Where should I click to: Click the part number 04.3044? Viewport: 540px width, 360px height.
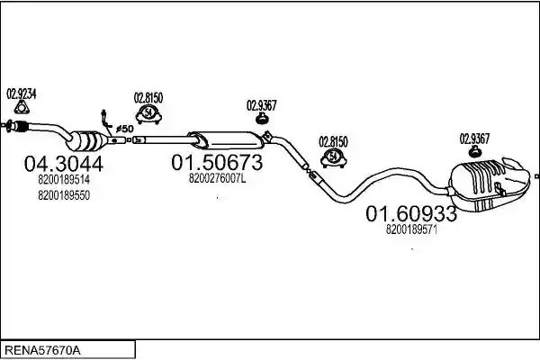click(x=64, y=164)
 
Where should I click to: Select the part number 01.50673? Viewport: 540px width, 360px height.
click(x=217, y=162)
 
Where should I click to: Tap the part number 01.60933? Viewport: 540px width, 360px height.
click(x=411, y=213)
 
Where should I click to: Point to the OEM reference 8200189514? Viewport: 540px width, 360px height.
click(x=64, y=179)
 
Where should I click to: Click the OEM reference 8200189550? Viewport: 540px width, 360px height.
click(x=64, y=195)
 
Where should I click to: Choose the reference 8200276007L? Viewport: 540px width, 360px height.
click(x=217, y=178)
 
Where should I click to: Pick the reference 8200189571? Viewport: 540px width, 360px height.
click(x=411, y=229)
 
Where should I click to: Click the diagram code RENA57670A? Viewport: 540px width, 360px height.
click(x=42, y=351)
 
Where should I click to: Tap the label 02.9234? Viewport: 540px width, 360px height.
click(x=22, y=94)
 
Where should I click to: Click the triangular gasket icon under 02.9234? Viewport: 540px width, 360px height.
click(x=22, y=108)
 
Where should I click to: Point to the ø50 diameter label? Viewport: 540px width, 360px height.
click(x=125, y=130)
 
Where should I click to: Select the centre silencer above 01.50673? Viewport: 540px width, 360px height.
click(x=226, y=140)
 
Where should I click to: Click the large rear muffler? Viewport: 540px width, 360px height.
click(x=489, y=184)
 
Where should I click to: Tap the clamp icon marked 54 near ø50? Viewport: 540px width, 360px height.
click(x=148, y=114)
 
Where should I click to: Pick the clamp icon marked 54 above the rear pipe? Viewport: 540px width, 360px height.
click(x=333, y=158)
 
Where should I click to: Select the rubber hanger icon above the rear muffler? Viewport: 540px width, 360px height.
click(x=475, y=151)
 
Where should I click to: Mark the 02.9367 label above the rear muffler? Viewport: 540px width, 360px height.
click(x=474, y=139)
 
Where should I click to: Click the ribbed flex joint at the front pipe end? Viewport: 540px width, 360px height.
click(x=21, y=126)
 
